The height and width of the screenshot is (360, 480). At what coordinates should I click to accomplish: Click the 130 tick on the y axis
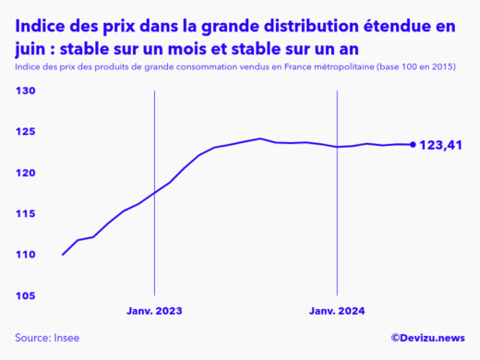point(25,91)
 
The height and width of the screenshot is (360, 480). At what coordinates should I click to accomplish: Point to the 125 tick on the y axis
point(25,132)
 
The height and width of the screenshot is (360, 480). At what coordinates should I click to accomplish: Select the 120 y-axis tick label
point(25,173)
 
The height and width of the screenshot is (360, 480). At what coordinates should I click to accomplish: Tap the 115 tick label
point(25,213)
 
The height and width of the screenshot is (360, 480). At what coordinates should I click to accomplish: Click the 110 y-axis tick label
point(25,255)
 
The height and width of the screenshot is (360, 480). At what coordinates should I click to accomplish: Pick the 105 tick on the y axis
point(25,295)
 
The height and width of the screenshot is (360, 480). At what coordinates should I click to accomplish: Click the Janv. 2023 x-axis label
point(154,311)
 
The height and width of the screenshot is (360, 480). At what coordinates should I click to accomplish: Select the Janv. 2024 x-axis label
point(337,311)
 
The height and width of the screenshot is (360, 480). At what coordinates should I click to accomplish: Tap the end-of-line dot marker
point(413,144)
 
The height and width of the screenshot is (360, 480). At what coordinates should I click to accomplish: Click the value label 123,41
point(441,145)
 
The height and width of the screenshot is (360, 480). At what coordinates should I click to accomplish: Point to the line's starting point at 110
point(63,254)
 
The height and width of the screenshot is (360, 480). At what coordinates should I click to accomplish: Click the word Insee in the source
point(71,339)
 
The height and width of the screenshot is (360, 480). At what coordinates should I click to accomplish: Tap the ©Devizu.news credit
point(427,339)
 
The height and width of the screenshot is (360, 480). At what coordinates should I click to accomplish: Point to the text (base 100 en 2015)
point(416,67)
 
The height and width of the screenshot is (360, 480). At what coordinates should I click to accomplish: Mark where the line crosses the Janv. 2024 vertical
point(337,146)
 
